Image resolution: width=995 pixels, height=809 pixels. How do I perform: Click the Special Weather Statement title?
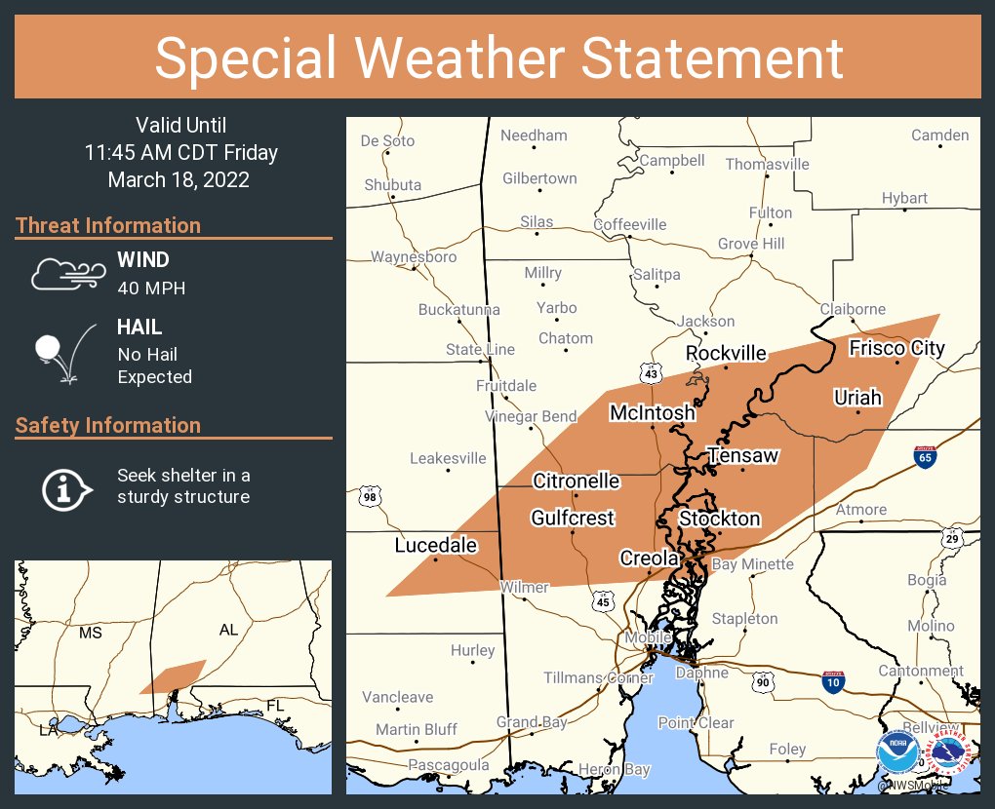[x=497, y=58]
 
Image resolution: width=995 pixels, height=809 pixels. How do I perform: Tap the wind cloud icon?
[x=66, y=274]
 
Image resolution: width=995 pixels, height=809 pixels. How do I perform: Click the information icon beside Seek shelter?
[x=65, y=487]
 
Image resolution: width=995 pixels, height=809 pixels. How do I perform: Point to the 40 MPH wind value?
[x=151, y=289]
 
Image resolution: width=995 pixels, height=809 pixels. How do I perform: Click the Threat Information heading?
[x=108, y=225]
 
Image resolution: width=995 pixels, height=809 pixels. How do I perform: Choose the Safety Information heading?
[x=108, y=425]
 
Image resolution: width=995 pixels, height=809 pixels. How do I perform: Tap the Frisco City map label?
[x=896, y=348]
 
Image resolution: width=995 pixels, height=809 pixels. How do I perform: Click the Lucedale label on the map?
[x=435, y=545]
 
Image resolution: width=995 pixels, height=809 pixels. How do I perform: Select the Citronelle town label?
[x=576, y=481]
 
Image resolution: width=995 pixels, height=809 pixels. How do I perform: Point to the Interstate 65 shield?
[x=926, y=456]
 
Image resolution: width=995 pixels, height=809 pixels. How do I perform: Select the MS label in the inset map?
[x=90, y=633]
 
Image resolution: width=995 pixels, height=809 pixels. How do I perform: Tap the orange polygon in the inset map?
[x=173, y=676]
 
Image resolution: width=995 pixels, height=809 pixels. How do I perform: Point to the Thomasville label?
[x=767, y=164]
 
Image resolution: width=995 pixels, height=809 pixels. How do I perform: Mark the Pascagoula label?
[x=449, y=765]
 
